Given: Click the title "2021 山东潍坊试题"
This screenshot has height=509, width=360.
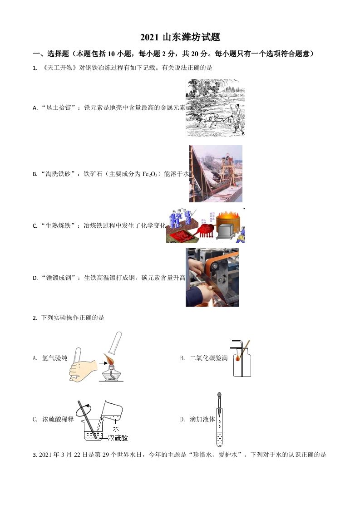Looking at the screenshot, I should coord(180,38).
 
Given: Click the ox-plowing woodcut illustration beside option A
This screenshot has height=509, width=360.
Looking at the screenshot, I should coord(215,108).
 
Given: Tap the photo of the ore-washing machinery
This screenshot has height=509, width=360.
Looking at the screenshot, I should coord(216,174).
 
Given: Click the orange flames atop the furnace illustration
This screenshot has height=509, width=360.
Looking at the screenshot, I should coord(229,213).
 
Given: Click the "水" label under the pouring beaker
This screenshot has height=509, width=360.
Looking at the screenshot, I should coord(116,428).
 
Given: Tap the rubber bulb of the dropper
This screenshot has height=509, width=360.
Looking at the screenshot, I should coord(220,396).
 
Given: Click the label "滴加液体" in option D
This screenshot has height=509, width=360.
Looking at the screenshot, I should coord(202,420).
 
